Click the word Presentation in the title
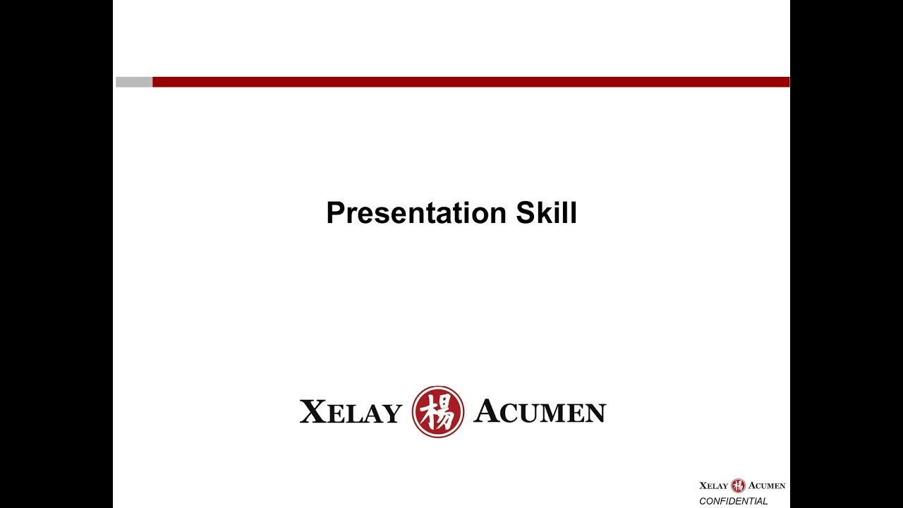click(x=416, y=213)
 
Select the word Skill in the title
click(x=546, y=213)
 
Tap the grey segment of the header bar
click(x=134, y=82)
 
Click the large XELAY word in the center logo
click(x=351, y=413)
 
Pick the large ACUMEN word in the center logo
click(x=540, y=412)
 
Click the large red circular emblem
click(x=438, y=412)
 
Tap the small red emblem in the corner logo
click(x=738, y=485)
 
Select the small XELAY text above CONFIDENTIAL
click(x=713, y=486)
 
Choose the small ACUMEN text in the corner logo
click(x=767, y=486)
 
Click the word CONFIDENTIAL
click(x=733, y=502)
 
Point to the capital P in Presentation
click(x=334, y=213)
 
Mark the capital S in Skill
click(x=525, y=213)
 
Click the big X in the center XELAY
click(x=313, y=412)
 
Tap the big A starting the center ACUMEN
click(x=487, y=411)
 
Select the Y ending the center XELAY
click(x=392, y=414)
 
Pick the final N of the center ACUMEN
click(x=596, y=413)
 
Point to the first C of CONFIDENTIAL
click(x=703, y=502)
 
